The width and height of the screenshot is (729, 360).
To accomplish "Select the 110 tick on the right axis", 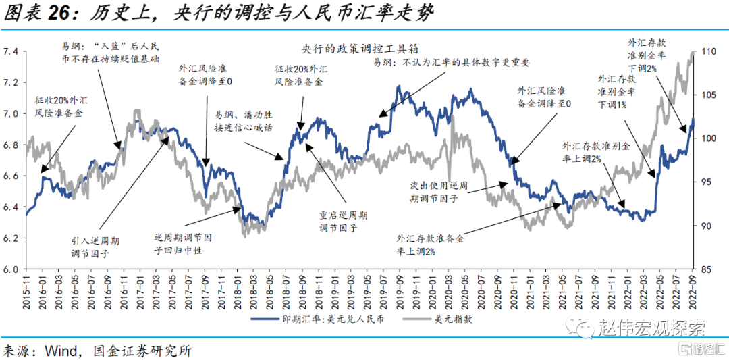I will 709,51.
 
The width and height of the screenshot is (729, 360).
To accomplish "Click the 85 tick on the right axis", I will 707,269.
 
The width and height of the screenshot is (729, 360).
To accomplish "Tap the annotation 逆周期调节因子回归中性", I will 182,244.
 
